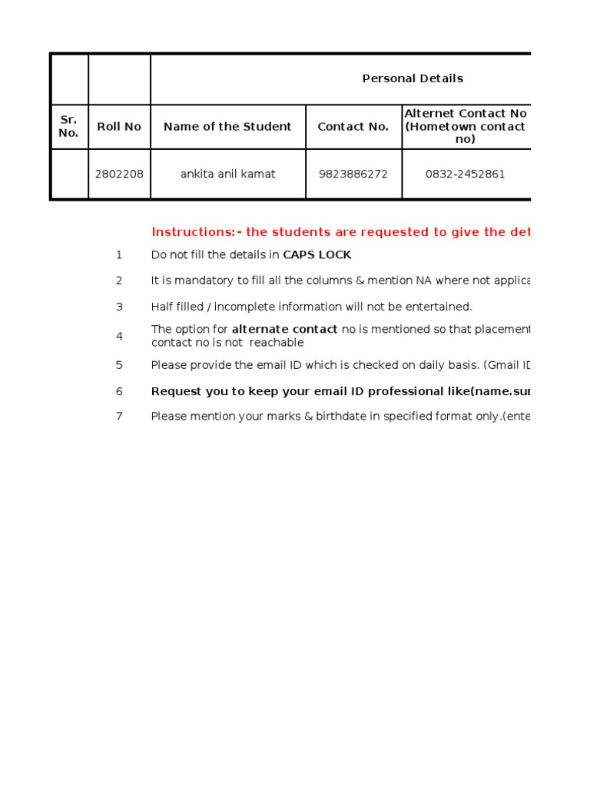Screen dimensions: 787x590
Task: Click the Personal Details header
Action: click(413, 78)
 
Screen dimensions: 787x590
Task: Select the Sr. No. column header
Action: click(68, 127)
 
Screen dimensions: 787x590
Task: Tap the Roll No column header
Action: click(119, 127)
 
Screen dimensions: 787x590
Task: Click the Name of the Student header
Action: click(227, 127)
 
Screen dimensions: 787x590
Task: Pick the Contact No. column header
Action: click(353, 127)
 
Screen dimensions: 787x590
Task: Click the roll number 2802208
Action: click(119, 174)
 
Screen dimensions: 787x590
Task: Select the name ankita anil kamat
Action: click(227, 174)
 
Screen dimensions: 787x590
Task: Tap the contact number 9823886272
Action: click(353, 174)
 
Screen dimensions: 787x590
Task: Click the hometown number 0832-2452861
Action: click(465, 174)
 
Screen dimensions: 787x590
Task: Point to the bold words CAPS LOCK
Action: click(317, 254)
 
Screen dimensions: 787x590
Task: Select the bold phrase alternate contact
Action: click(284, 330)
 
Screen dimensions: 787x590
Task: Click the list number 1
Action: click(119, 254)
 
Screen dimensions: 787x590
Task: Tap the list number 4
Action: click(119, 336)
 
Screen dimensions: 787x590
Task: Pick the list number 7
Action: click(119, 417)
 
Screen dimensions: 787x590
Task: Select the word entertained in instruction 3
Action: click(439, 307)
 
